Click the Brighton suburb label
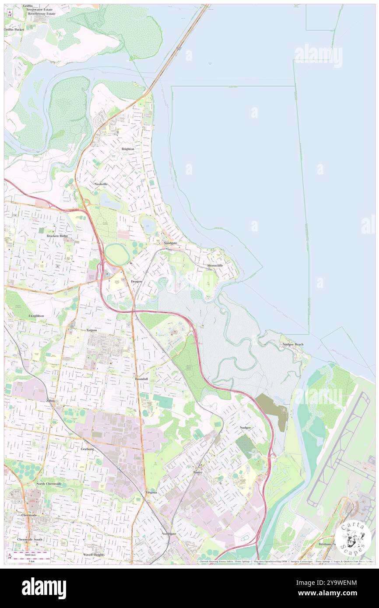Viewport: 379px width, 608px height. (128, 149)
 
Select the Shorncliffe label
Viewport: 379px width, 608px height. (215, 266)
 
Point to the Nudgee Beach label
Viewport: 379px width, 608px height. (292, 344)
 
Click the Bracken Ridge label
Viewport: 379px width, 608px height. (57, 236)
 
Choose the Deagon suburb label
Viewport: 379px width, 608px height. (136, 281)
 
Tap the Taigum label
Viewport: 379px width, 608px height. (91, 330)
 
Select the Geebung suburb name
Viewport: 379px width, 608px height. (87, 449)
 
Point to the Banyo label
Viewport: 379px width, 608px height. (198, 473)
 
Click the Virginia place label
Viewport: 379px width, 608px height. (151, 493)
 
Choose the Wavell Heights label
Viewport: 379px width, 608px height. (94, 554)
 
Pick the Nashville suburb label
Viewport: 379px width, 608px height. (101, 184)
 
